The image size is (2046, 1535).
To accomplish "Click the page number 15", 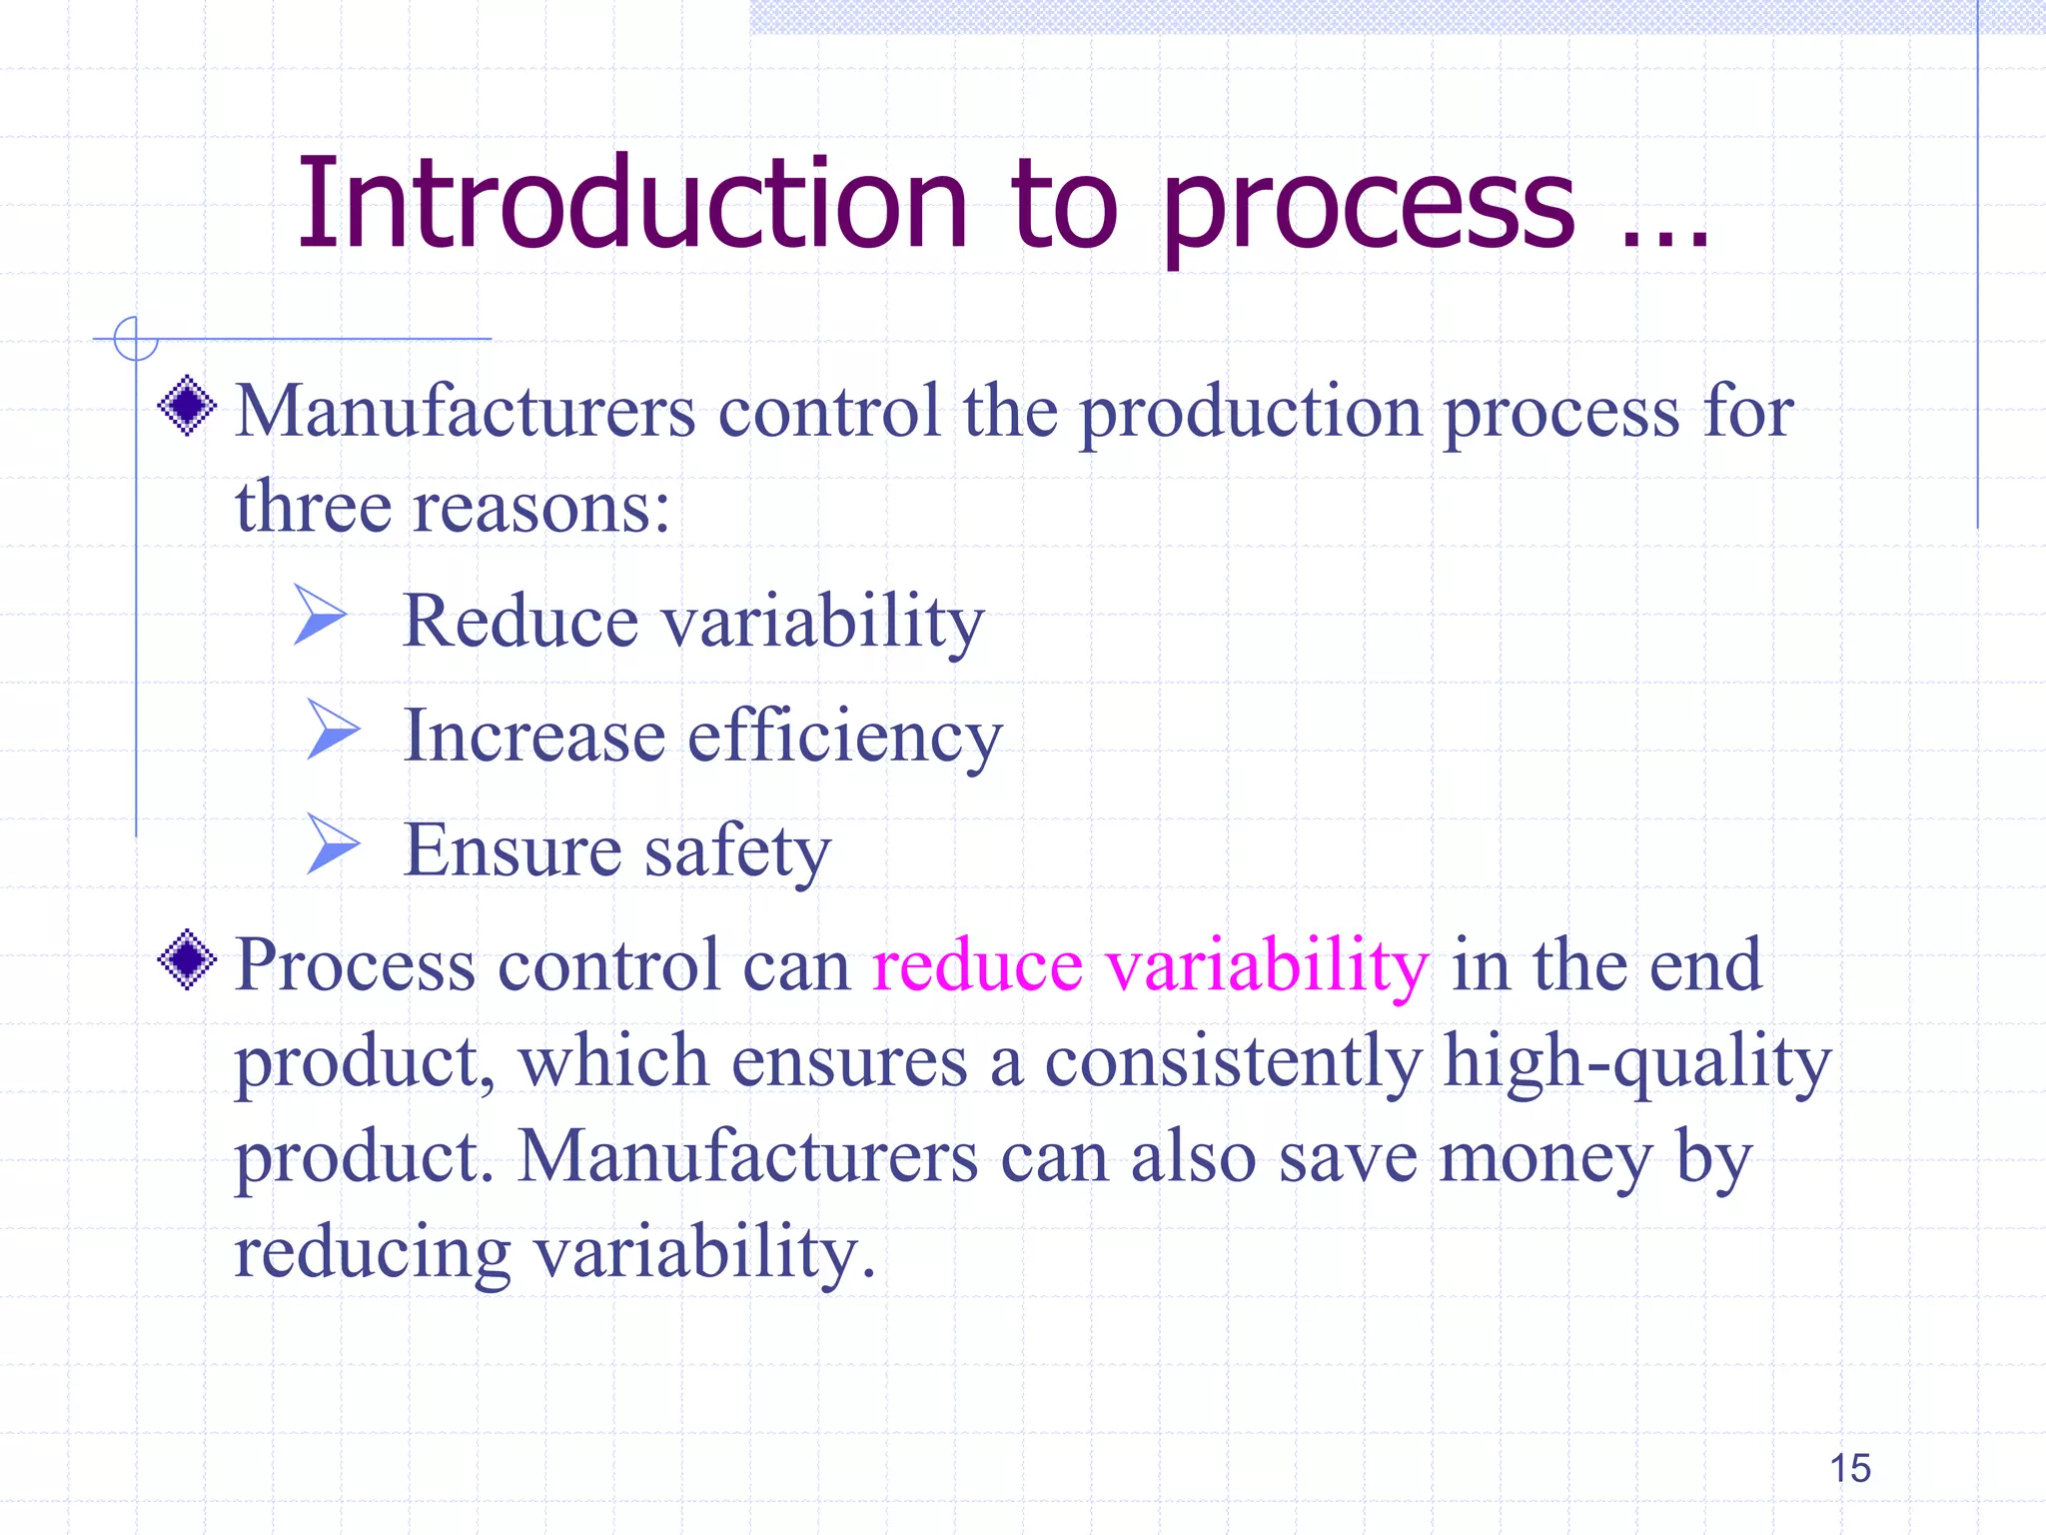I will pyautogui.click(x=1849, y=1468).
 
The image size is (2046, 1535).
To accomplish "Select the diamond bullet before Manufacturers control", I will pyautogui.click(x=187, y=406).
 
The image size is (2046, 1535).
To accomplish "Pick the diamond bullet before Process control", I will pyautogui.click(x=187, y=959).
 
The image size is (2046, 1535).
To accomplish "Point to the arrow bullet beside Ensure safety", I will pyautogui.click(x=332, y=843).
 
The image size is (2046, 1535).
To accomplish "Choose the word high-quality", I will pyautogui.click(x=1637, y=1061).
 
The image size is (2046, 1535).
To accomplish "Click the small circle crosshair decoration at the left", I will pyautogui.click(x=136, y=339).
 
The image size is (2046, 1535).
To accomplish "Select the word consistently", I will pyautogui.click(x=1233, y=1061).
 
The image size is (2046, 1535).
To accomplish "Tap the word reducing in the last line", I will pyautogui.click(x=372, y=1253).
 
